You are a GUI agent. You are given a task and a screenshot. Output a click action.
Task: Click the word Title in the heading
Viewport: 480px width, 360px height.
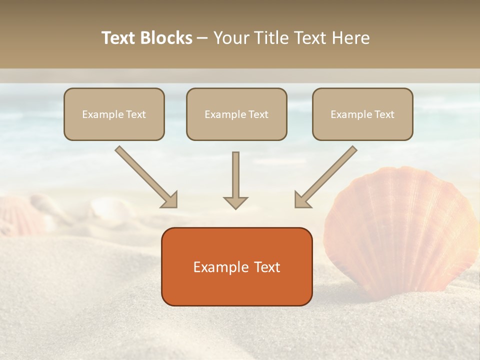point(270,38)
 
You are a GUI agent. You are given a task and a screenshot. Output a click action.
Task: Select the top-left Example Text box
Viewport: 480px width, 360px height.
point(114,114)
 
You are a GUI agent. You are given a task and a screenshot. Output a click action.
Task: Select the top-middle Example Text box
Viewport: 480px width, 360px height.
point(236,114)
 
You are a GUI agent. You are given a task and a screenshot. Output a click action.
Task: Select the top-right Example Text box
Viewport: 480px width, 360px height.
point(362,114)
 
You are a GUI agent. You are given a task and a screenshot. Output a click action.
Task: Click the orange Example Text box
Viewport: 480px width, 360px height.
point(236,266)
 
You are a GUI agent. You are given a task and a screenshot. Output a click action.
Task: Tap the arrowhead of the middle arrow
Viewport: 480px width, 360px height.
point(235,202)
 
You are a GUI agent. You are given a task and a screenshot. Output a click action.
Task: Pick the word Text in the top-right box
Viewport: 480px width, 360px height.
point(384,114)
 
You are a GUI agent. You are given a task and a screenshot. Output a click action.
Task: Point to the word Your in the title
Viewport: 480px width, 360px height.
point(230,38)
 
